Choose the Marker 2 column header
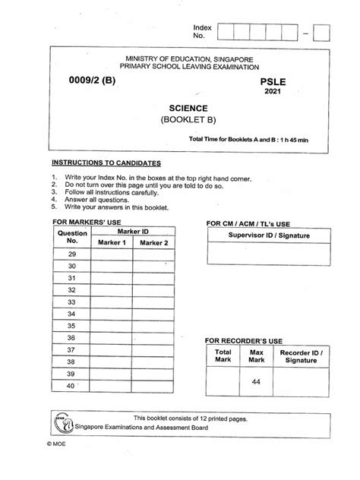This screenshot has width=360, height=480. tap(154, 242)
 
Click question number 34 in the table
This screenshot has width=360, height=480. tap(71, 313)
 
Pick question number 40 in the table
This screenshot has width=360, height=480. tap(71, 386)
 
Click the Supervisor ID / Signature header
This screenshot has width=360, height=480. tap(259, 237)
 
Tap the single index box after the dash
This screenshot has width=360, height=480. tap(321, 32)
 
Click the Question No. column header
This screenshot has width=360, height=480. tap(71, 236)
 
